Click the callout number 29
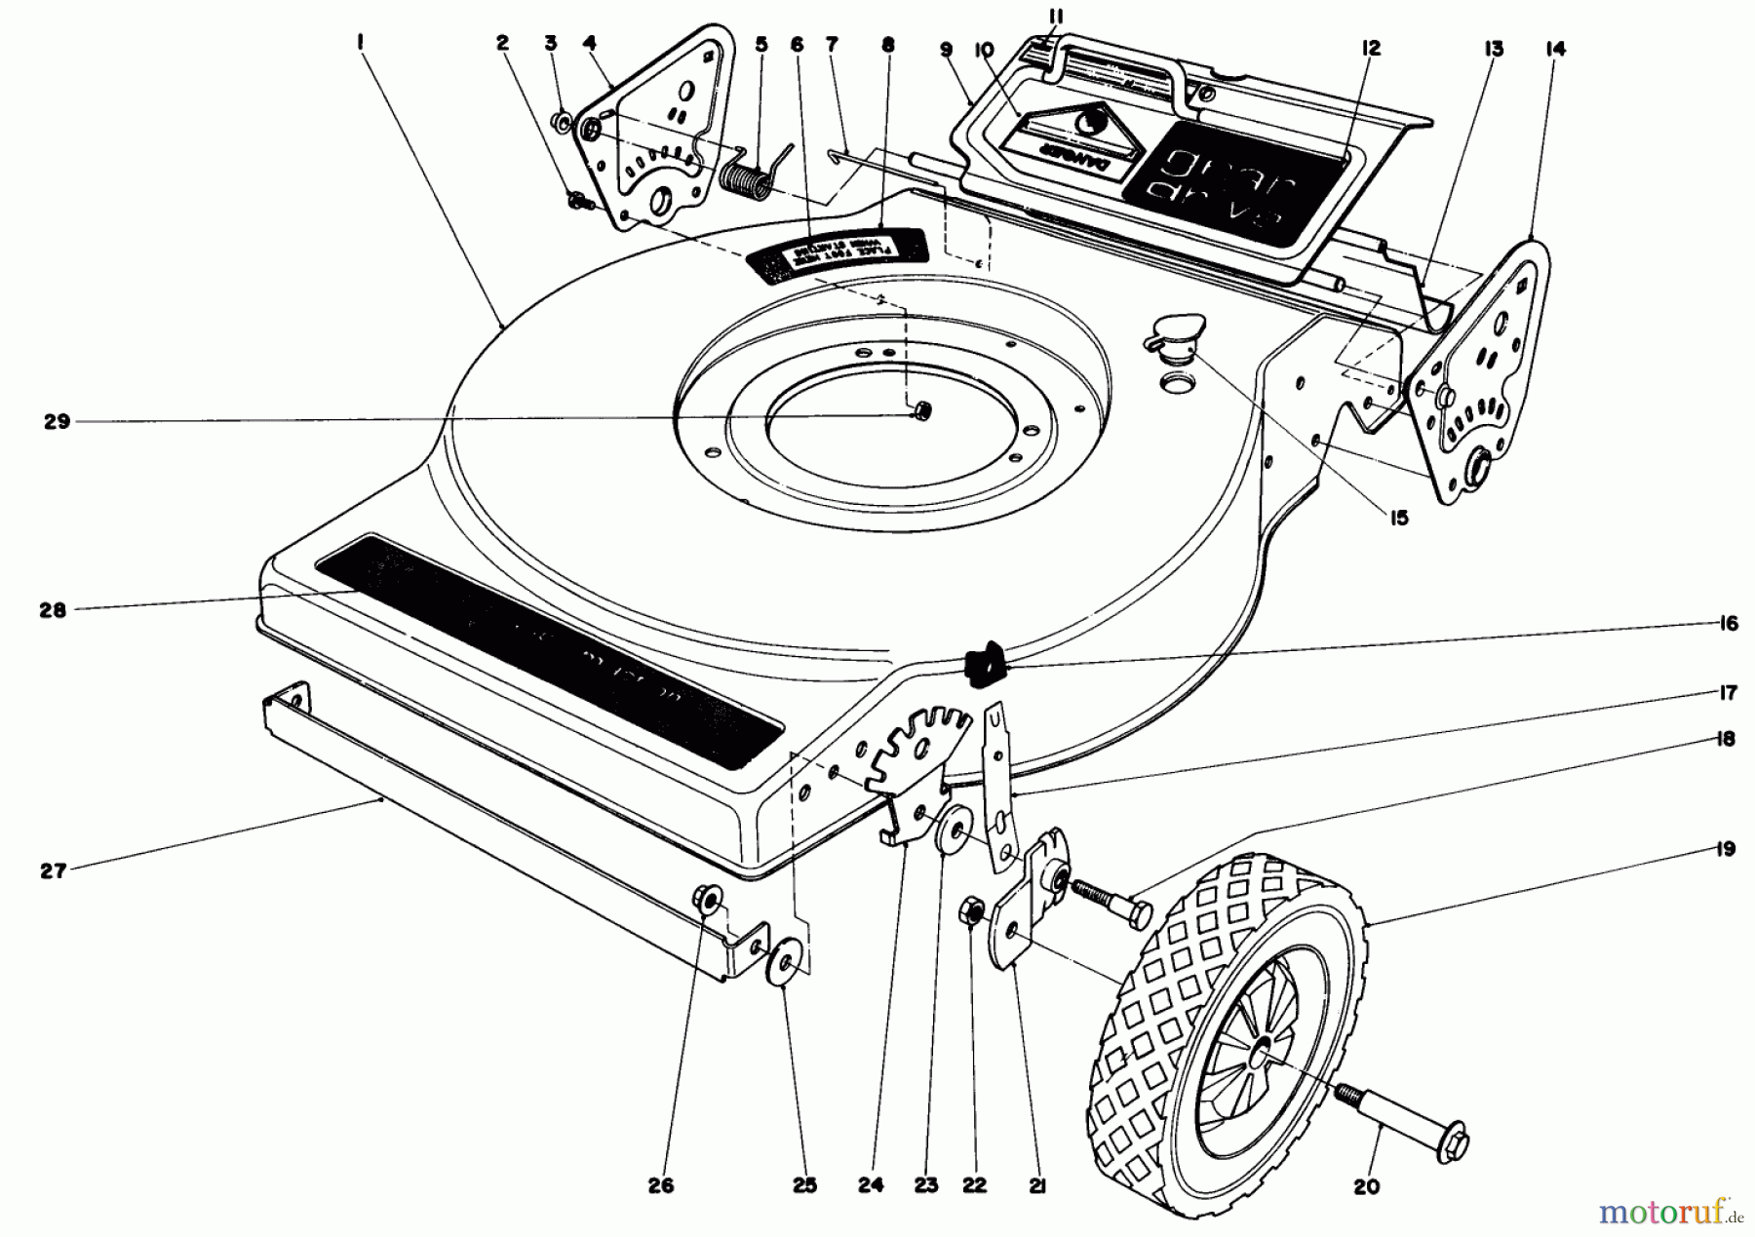click(x=57, y=422)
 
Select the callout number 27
click(x=53, y=870)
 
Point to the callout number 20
click(x=1367, y=1186)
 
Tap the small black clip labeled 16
click(x=984, y=663)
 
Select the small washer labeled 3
click(x=562, y=123)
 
